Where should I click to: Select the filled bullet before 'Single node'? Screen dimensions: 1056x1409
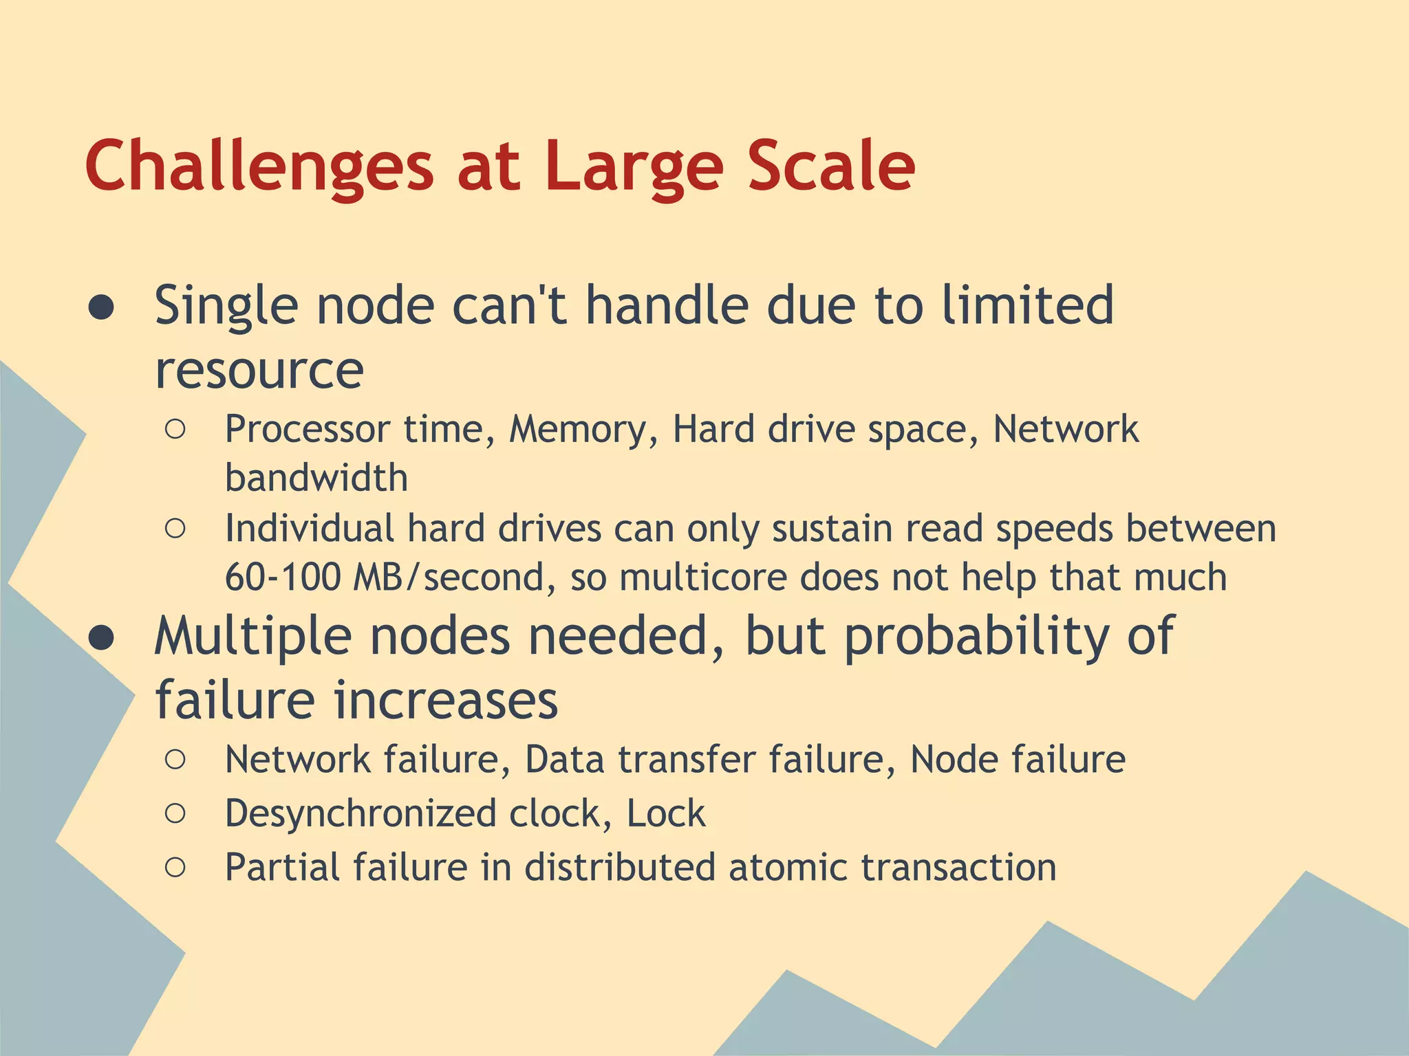[102, 308]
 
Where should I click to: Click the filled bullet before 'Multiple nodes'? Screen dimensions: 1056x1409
[102, 639]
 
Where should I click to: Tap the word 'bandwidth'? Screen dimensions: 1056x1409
[316, 478]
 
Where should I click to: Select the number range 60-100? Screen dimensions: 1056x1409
[282, 577]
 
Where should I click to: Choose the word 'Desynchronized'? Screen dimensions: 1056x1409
[361, 814]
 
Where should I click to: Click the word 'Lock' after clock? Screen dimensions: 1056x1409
[665, 814]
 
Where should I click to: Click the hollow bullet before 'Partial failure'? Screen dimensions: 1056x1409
[175, 868]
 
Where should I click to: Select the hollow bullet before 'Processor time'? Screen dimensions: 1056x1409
[175, 430]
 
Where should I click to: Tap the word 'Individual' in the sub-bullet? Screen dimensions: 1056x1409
[310, 529]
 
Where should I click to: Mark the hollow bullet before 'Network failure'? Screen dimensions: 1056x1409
[175, 760]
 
